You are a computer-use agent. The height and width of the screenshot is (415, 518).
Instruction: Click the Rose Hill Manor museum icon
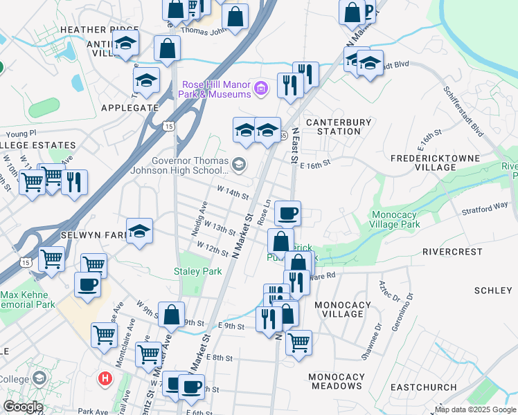coord(261,88)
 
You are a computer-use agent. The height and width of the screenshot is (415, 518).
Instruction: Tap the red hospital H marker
coord(105,378)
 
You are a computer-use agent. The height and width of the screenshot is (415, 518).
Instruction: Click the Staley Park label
coord(198,272)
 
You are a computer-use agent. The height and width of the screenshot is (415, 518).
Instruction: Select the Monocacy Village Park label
coord(405,219)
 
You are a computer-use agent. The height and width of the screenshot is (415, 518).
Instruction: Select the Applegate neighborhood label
coord(129,108)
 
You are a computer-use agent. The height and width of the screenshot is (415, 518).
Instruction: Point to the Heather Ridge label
coord(91,30)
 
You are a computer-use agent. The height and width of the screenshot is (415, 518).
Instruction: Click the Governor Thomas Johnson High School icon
coord(239,164)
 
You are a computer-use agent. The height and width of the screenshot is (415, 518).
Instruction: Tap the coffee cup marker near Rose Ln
coord(287,212)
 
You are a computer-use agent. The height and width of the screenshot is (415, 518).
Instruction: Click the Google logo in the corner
coord(23,407)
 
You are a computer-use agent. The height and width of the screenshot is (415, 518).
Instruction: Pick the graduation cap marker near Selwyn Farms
coord(139,230)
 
